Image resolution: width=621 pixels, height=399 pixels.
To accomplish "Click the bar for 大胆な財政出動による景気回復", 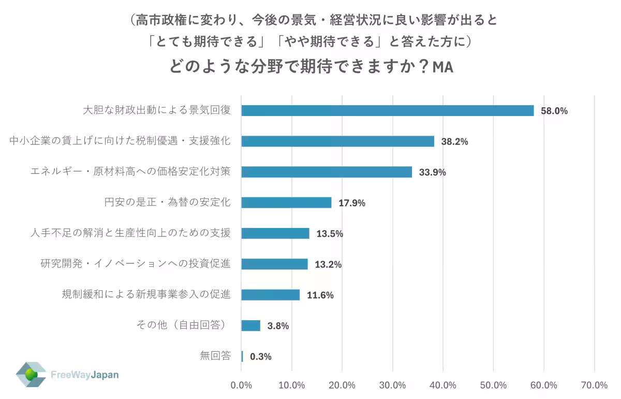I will (x=387, y=110).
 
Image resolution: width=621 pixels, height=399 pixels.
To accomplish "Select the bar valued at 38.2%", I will (x=337, y=141).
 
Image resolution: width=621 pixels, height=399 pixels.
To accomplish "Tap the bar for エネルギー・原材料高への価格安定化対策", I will (x=327, y=172).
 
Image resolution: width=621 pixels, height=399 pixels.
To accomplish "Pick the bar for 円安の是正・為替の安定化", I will (x=286, y=203).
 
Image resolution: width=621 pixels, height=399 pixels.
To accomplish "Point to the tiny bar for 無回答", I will (x=242, y=357).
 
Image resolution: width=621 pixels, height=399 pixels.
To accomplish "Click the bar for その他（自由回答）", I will (x=250, y=325).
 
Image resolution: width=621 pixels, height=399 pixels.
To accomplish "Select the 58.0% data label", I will (x=554, y=111).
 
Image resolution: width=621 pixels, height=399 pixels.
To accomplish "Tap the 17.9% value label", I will (x=352, y=203).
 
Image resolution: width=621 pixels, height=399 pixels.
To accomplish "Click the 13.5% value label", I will (x=330, y=234).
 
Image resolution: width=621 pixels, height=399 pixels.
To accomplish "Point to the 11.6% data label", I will (x=320, y=295).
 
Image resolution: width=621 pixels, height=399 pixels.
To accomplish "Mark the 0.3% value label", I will (x=260, y=357).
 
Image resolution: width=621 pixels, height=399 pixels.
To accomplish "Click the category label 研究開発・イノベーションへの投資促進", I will (x=135, y=264).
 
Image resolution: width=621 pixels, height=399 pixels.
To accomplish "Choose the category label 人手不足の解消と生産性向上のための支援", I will (x=130, y=233).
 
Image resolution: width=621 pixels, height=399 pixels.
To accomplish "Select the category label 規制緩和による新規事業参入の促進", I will (x=145, y=295).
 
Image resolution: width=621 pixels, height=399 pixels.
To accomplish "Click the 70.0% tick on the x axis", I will (x=594, y=385).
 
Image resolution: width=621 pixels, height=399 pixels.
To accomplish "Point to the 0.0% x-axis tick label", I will (x=241, y=385).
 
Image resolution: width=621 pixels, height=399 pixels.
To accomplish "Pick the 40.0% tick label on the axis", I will (x=443, y=385).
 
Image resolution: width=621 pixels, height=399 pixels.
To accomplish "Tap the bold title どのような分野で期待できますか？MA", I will (x=310, y=67).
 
